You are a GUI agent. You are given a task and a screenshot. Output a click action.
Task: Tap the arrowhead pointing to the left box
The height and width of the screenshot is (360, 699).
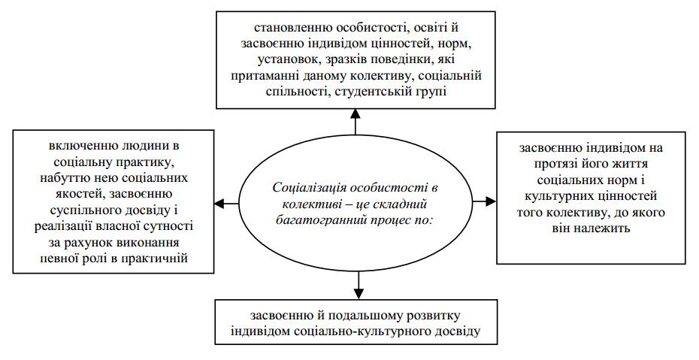coord(219,203)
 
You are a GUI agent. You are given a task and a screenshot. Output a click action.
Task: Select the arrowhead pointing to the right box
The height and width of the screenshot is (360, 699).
coord(491,202)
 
